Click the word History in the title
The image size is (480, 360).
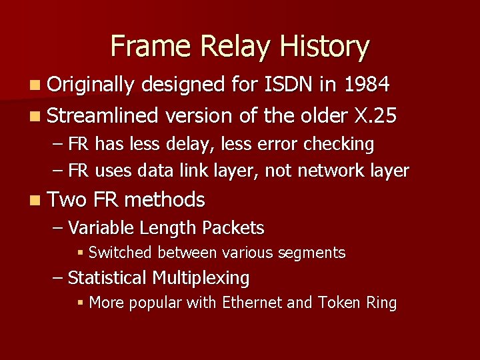tap(324, 47)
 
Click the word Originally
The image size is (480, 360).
tap(91, 85)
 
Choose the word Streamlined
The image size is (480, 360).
tap(103, 116)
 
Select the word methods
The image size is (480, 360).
tap(165, 199)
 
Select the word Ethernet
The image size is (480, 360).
tap(252, 303)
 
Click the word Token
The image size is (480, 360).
tap(340, 303)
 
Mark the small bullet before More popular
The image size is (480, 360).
tap(80, 303)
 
